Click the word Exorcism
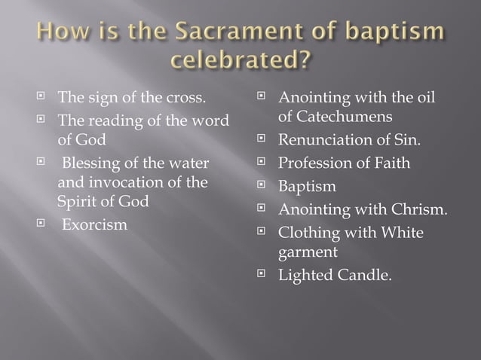click(95, 225)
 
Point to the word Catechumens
click(335, 118)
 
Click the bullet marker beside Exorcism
click(42, 224)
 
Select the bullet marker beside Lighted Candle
click(262, 274)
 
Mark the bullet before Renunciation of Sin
click(262, 139)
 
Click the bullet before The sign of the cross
click(42, 98)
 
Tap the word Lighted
click(305, 275)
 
